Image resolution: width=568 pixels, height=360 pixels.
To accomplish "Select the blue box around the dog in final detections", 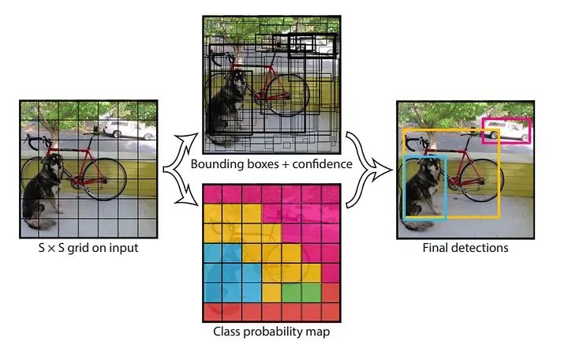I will click(x=405, y=187).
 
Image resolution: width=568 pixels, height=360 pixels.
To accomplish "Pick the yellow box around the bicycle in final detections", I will click(x=499, y=182).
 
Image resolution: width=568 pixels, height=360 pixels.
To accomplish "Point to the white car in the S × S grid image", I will click(x=122, y=129).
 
